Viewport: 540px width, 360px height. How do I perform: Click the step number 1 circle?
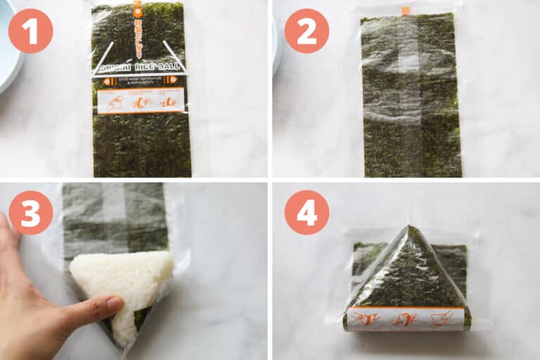pos(30,31)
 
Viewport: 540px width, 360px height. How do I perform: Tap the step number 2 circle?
pos(307,31)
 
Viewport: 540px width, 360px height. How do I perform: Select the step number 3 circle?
pos(30,212)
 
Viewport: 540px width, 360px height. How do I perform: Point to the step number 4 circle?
pos(307,212)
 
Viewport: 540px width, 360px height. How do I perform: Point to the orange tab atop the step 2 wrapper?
pos(405,11)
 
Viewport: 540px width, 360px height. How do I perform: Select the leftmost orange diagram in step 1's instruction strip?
pos(115,102)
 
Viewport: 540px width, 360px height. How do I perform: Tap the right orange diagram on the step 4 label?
pos(441,319)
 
